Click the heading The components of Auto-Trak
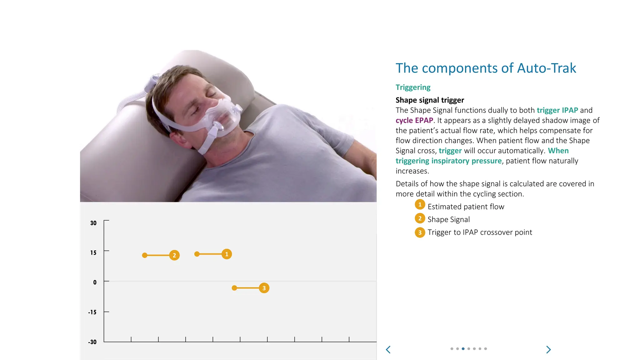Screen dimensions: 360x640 tap(486, 68)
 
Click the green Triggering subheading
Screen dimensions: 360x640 tap(413, 87)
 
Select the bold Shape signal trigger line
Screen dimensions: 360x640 tap(430, 100)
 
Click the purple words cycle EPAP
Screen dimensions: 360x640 tap(414, 120)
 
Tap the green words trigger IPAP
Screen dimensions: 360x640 tap(557, 110)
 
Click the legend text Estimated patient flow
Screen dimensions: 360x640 tap(466, 207)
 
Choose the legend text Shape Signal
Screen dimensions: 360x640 tap(448, 219)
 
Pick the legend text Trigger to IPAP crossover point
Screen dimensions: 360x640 tap(480, 232)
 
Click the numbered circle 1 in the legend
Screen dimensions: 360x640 tap(420, 205)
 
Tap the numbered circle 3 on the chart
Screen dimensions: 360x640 tap(264, 288)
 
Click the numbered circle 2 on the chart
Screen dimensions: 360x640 tap(174, 255)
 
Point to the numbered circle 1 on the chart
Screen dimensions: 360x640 tap(227, 254)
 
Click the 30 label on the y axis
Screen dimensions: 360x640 tap(93, 223)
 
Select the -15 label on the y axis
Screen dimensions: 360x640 tap(92, 312)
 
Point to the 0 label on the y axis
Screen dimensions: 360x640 tap(95, 282)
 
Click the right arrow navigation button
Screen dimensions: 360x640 tap(548, 350)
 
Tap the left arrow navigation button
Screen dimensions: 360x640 tap(388, 350)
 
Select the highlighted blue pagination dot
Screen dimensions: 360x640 tap(463, 349)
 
